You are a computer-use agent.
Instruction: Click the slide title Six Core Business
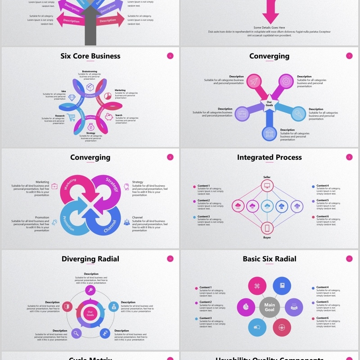point(90,56)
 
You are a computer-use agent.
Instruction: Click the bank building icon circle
point(270,134)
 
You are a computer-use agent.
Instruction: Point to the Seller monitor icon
point(267,185)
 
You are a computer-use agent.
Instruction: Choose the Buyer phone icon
point(267,228)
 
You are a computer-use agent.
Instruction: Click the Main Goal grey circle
point(270,307)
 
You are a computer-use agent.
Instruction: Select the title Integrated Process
point(270,157)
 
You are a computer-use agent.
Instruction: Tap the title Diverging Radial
point(90,259)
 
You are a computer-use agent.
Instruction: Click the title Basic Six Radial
point(270,259)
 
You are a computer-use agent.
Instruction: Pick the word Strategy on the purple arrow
point(112,184)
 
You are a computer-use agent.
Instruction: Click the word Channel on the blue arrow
point(110,226)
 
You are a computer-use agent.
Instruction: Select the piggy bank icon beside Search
point(108,117)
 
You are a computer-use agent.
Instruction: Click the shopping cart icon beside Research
point(72,117)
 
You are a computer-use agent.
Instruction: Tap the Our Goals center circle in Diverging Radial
point(90,313)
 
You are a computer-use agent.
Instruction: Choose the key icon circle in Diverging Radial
point(90,290)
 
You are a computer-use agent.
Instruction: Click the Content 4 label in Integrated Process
point(322,186)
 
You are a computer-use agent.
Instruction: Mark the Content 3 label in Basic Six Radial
point(205,318)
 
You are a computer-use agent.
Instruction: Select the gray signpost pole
point(90,31)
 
